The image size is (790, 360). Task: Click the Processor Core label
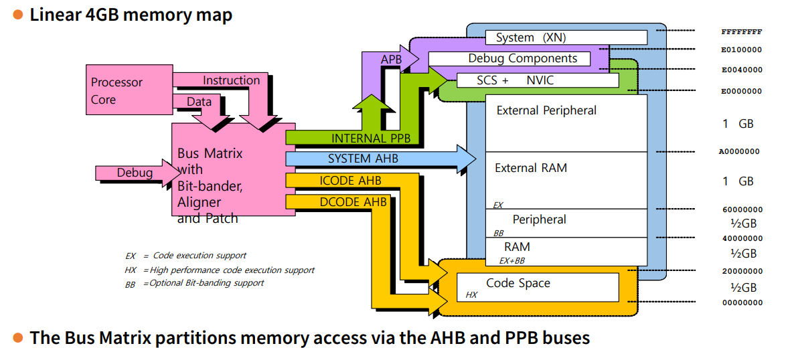[x=116, y=91]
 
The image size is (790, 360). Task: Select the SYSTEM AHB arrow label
[x=358, y=159]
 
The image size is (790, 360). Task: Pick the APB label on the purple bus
[x=391, y=60]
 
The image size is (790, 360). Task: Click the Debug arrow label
[x=135, y=173]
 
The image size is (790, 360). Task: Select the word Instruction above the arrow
[x=231, y=80]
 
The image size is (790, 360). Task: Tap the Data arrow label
[x=199, y=102]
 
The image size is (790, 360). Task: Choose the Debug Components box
[x=522, y=59]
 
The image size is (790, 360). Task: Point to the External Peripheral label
[x=546, y=110]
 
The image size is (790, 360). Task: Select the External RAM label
[x=531, y=168]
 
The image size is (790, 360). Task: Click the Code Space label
[x=518, y=283]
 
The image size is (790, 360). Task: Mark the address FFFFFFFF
[x=741, y=31]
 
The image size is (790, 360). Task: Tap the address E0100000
[x=741, y=50]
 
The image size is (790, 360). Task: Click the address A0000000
[x=739, y=151]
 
